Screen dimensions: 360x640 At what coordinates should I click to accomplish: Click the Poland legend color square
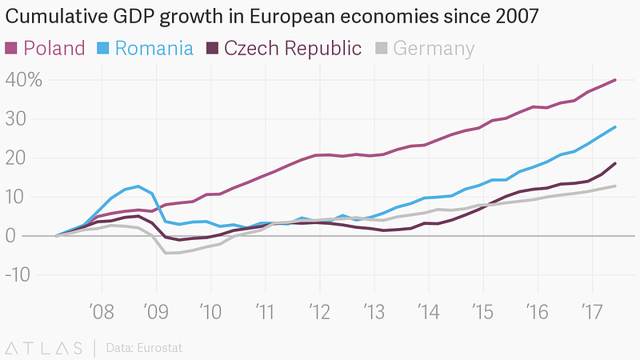point(12,48)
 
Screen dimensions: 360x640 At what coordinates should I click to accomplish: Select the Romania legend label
point(154,48)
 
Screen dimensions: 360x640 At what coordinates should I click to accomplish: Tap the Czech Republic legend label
point(293,48)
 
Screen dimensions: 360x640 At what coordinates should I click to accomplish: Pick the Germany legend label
point(434,48)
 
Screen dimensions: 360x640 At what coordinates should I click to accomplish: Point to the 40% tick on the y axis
point(24,80)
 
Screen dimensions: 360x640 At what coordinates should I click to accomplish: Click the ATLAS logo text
point(44,347)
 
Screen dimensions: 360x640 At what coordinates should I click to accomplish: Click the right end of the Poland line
point(615,80)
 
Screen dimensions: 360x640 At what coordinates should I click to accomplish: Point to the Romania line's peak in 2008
point(139,186)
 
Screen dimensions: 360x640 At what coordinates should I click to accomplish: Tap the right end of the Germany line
point(615,186)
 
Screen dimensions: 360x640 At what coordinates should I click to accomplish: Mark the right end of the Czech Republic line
point(615,163)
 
